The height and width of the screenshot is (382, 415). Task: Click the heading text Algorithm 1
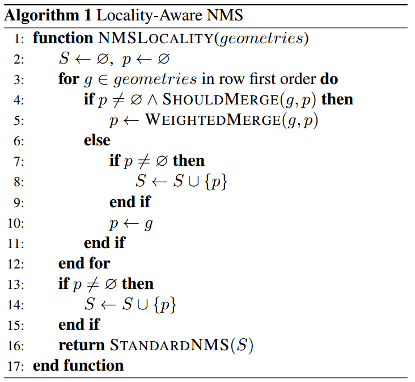click(x=41, y=15)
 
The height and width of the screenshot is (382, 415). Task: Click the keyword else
click(x=97, y=140)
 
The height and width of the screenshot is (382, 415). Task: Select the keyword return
click(x=82, y=345)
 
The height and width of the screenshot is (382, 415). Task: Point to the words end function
click(x=78, y=366)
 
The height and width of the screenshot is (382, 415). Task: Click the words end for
click(x=84, y=263)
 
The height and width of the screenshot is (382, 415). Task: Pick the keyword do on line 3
click(x=329, y=79)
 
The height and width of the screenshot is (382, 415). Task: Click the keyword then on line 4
click(x=337, y=100)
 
